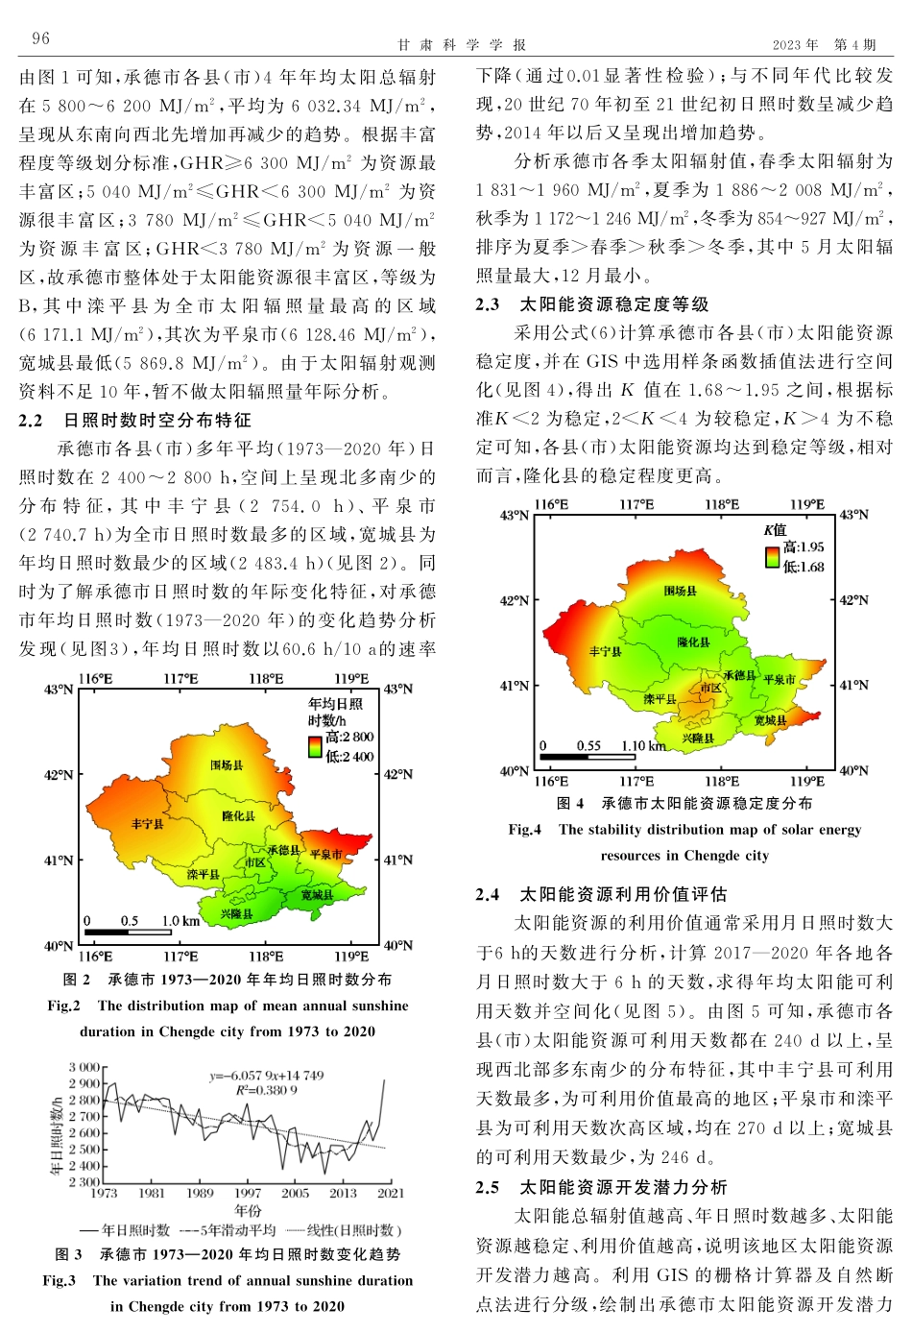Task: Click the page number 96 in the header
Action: coord(40,38)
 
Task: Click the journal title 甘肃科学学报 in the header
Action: coord(463,45)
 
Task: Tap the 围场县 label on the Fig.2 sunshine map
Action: coord(227,765)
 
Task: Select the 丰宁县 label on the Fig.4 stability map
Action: coord(605,652)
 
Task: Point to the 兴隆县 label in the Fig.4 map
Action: coord(698,739)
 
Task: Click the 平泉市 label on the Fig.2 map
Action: coord(325,854)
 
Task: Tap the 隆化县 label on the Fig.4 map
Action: coord(693,642)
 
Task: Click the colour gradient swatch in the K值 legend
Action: coord(772,557)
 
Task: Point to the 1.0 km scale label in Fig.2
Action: coord(180,921)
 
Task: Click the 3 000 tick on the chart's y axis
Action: coord(84,1067)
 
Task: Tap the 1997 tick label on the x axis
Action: coord(248,1193)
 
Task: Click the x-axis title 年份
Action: coord(248,1210)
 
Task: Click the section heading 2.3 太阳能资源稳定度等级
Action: coord(592,304)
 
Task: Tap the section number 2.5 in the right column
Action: coord(488,1187)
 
